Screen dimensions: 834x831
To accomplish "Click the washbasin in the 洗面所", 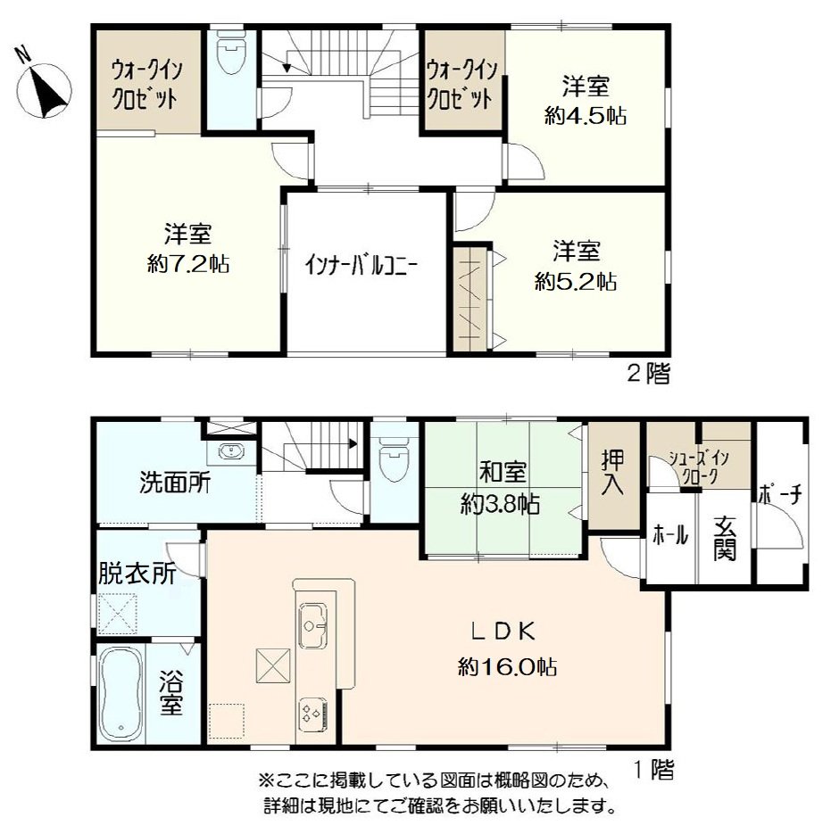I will tap(231, 451).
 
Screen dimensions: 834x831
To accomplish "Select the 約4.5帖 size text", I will tap(586, 116).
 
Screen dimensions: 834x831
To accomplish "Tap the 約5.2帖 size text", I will tap(576, 281).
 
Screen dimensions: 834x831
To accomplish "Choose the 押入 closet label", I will tap(612, 474).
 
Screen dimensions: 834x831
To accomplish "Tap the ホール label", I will tap(670, 537).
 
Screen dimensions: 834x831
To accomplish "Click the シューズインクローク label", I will tap(699, 467).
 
